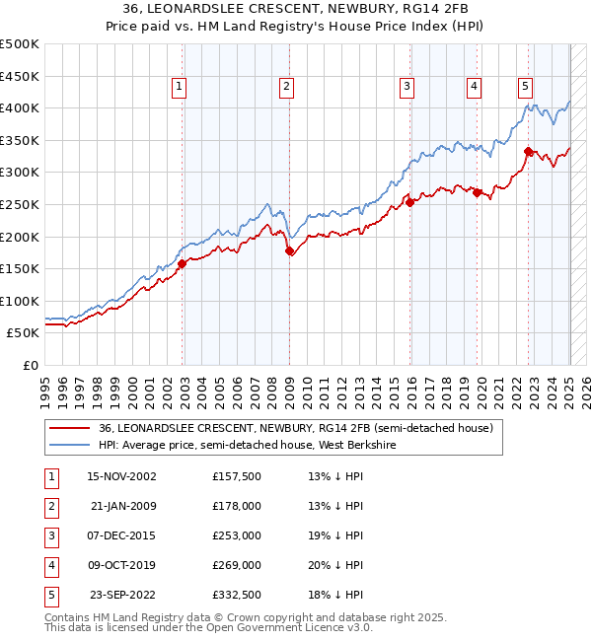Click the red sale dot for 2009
(290, 251)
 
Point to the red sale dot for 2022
(529, 152)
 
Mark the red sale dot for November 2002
(183, 264)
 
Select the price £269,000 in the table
(237, 565)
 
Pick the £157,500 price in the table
(237, 476)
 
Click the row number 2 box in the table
(50, 506)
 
